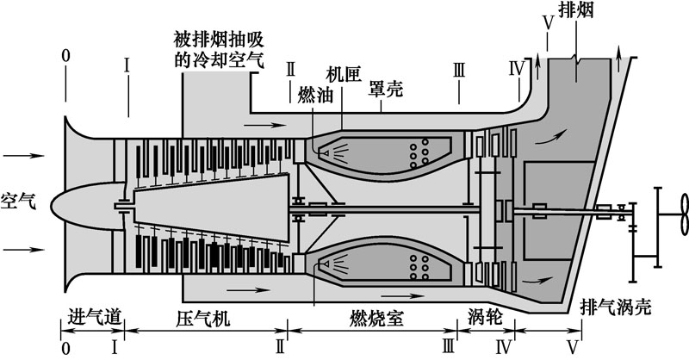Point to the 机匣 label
pyautogui.click(x=343, y=73)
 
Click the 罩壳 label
pyautogui.click(x=386, y=89)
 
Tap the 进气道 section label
pyautogui.click(x=91, y=316)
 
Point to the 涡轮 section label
pyautogui.click(x=484, y=316)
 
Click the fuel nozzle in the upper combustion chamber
pyautogui.click(x=326, y=152)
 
